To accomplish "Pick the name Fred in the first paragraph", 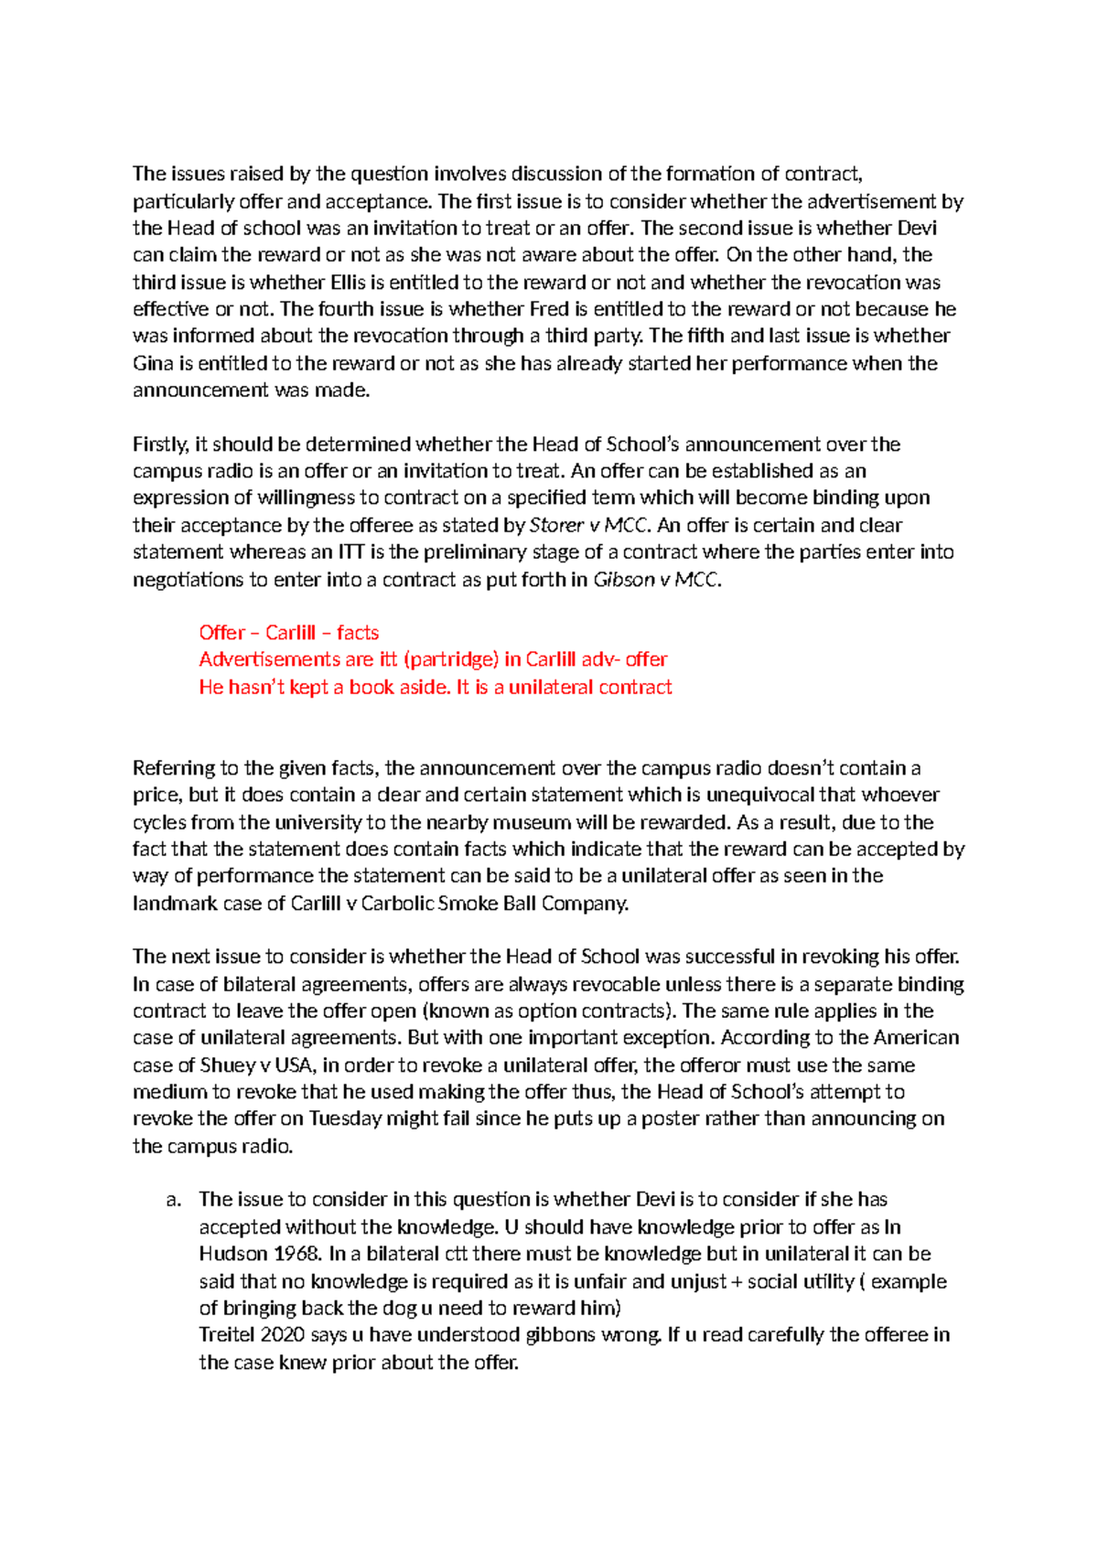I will pyautogui.click(x=549, y=309).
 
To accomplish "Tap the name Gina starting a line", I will pyautogui.click(x=153, y=363).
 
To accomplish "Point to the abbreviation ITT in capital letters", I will pyautogui.click(x=352, y=552).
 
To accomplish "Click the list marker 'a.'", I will pyautogui.click(x=174, y=1200).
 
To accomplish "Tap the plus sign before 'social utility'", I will pyautogui.click(x=737, y=1281).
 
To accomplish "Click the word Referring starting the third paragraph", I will pyautogui.click(x=174, y=768).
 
